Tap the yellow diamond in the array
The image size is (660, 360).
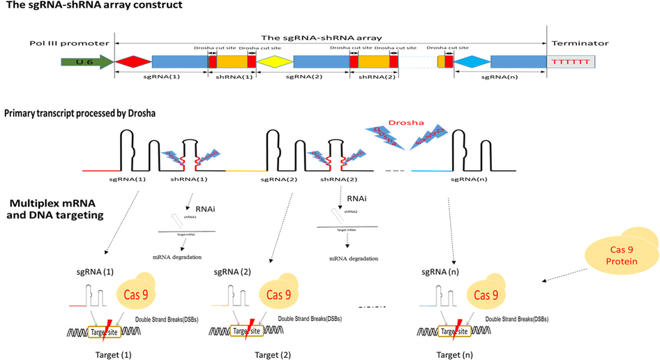tap(274, 62)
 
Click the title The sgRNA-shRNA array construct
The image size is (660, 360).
tap(94, 6)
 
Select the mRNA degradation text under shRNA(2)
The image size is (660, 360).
tap(354, 257)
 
